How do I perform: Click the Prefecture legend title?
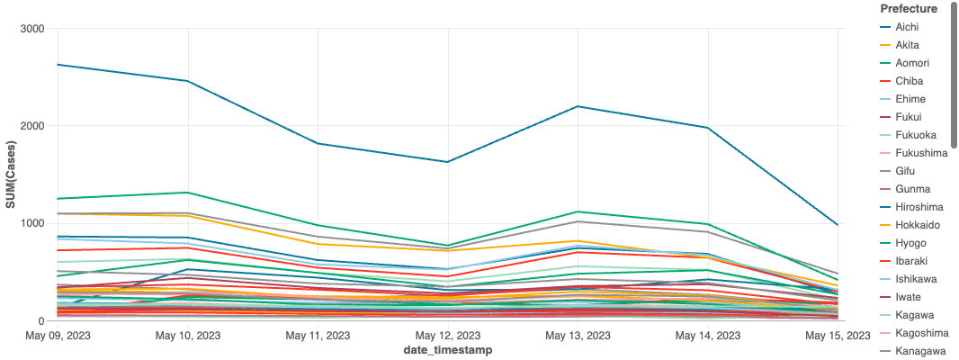tap(909, 9)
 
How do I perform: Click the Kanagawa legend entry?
tap(913, 351)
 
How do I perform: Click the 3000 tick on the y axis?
tap(31, 29)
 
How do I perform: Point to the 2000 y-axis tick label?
tap(31, 126)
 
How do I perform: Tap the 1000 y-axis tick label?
tap(31, 223)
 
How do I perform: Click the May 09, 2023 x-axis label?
tap(59, 336)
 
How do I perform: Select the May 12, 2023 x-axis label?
tap(448, 336)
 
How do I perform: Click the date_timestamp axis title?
tap(448, 350)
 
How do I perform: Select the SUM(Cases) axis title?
tap(11, 175)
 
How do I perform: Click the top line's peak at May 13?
tap(578, 106)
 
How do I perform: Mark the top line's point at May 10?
tap(188, 81)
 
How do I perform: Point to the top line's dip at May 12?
tap(448, 162)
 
